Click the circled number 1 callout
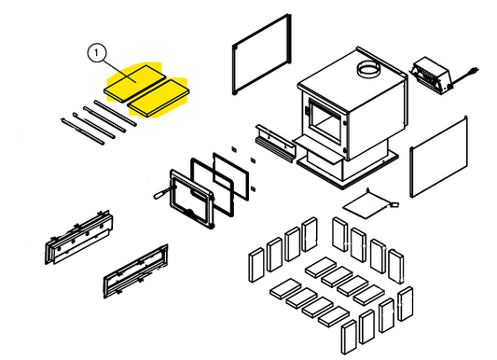point(96,53)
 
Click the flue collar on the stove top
point(368,68)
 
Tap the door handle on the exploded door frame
point(161,193)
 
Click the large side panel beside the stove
point(438,157)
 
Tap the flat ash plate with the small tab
point(368,205)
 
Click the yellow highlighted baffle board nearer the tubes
point(158,98)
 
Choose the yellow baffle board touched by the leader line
point(135,83)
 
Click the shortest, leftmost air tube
point(82,132)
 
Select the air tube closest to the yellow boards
point(116,113)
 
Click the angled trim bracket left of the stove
point(276,144)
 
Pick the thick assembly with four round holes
point(79,237)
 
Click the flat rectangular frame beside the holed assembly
point(135,271)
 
